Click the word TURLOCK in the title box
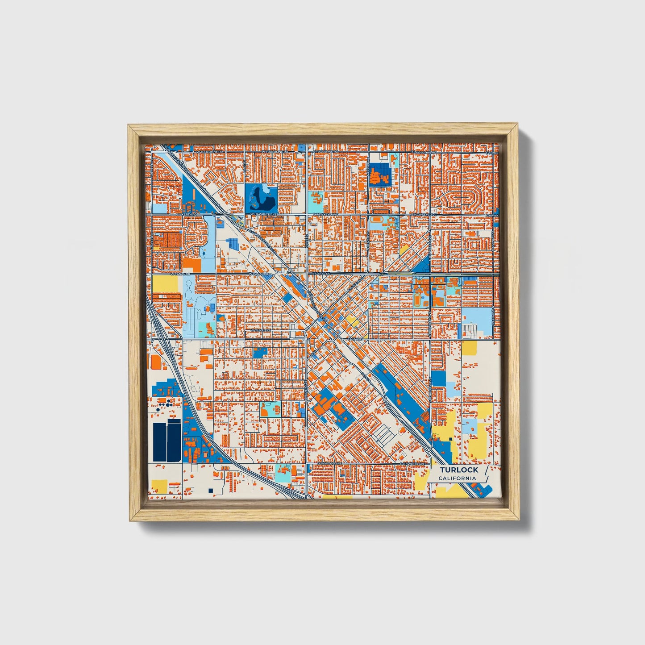(459, 470)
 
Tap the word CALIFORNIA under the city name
(457, 479)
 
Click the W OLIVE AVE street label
(260, 330)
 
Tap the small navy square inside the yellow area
(451, 439)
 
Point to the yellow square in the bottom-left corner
(159, 486)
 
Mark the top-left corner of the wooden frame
(129, 125)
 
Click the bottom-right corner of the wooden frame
(520, 520)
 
